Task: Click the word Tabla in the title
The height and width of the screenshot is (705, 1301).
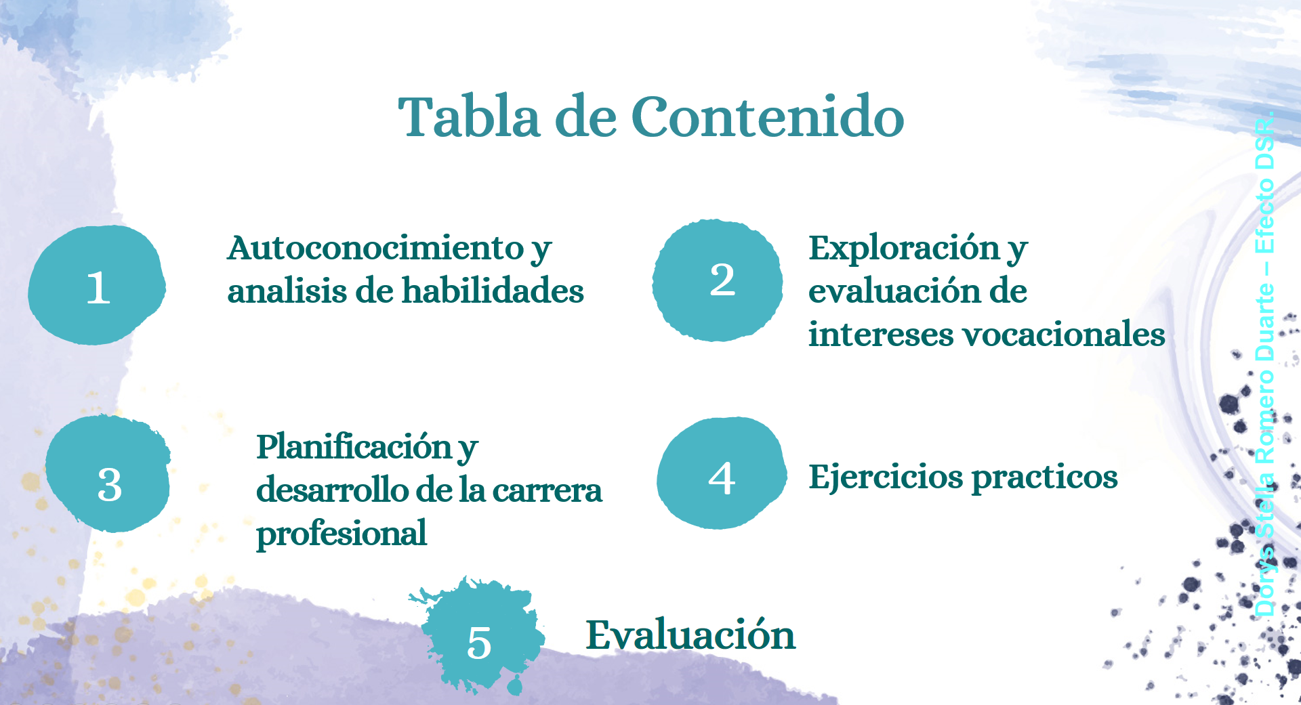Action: (470, 116)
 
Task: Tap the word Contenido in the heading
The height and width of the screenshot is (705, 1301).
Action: (768, 116)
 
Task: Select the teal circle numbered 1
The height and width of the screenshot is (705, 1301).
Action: (97, 285)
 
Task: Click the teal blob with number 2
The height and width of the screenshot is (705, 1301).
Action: (718, 280)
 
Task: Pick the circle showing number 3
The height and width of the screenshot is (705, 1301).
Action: (108, 474)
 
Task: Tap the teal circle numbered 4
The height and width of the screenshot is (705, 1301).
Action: (722, 473)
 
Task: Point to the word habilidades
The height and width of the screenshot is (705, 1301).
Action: (493, 291)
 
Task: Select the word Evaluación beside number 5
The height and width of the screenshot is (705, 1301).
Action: (690, 635)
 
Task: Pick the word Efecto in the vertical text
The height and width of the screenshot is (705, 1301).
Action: (1264, 215)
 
